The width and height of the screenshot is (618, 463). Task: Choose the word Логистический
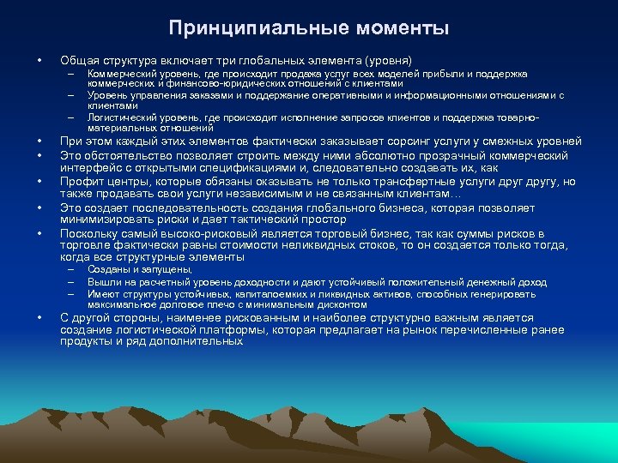pos(120,116)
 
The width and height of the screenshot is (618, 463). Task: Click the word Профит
pos(79,182)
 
